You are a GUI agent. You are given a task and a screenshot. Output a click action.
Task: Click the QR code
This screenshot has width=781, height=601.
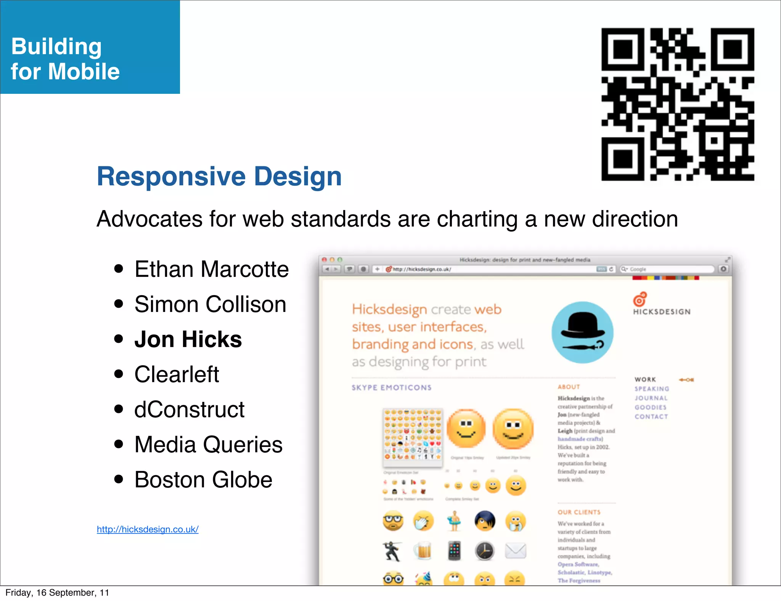tap(678, 104)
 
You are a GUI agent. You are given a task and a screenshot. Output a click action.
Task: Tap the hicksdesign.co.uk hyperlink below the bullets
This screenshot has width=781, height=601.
tap(148, 529)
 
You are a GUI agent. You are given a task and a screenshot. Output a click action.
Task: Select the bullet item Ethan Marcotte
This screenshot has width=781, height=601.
tap(211, 269)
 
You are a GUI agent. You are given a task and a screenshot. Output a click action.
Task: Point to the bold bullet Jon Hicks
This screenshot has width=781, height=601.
tap(188, 339)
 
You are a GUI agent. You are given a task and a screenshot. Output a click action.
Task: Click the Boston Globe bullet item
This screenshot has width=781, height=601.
tap(203, 480)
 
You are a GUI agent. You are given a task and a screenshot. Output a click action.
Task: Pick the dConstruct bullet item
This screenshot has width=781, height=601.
tap(189, 410)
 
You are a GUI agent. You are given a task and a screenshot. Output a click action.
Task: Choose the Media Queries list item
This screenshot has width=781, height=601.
tap(208, 445)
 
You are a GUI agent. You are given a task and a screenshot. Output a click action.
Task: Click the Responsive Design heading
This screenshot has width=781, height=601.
tap(219, 177)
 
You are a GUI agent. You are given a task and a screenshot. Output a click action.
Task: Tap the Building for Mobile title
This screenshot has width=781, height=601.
tap(65, 59)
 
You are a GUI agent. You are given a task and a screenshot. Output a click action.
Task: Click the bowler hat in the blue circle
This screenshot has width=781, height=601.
tap(582, 326)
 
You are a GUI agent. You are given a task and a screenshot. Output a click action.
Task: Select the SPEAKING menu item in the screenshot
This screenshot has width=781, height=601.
tap(652, 389)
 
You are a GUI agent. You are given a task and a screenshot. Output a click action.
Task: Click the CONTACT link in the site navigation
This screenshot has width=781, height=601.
tap(651, 416)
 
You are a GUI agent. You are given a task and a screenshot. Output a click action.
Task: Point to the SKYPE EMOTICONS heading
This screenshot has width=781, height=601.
tap(392, 387)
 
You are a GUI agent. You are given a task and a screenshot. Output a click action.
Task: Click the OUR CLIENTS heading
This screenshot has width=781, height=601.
tap(579, 512)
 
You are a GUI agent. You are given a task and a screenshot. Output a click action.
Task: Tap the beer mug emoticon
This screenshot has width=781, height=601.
tap(423, 551)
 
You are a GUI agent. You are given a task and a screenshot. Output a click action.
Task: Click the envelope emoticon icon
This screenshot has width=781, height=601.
tap(515, 551)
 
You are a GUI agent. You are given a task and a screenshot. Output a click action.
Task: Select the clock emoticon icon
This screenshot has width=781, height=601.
tap(484, 551)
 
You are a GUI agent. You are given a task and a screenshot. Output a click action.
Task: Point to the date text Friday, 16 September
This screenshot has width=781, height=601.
tap(57, 593)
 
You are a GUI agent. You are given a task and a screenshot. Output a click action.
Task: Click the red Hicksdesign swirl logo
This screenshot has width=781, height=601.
tap(640, 299)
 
